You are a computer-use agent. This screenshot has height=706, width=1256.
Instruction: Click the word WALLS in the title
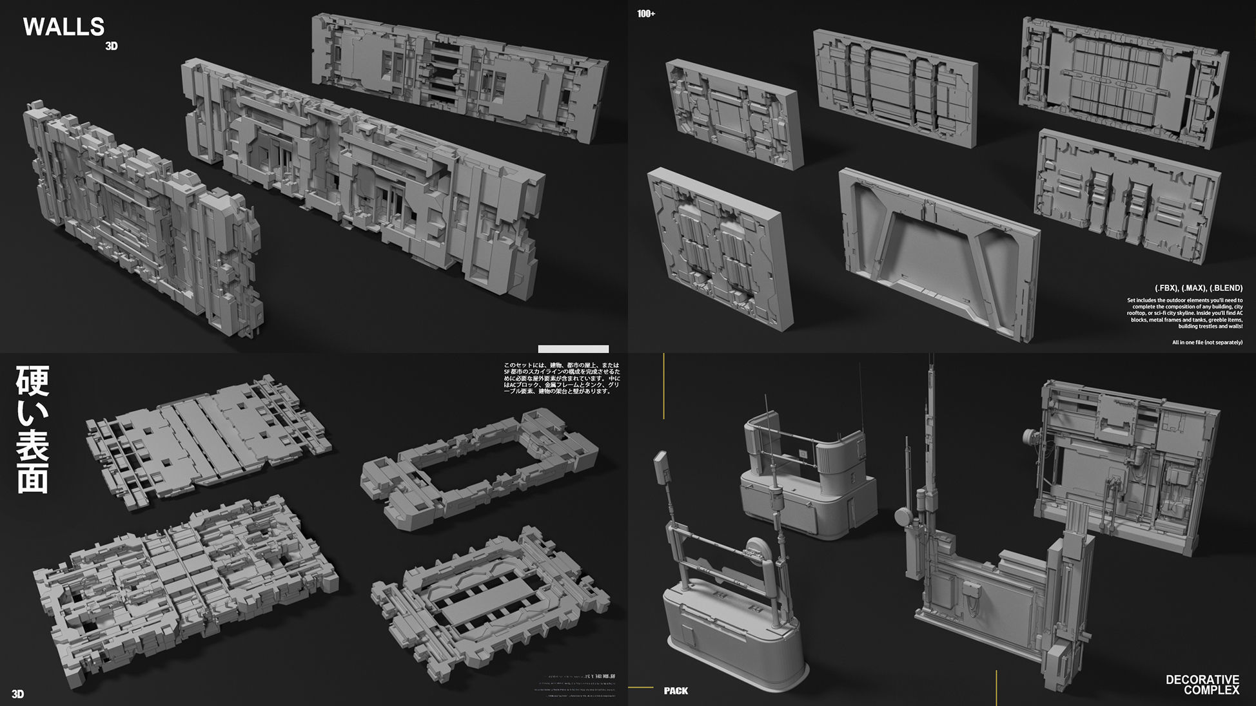pyautogui.click(x=63, y=27)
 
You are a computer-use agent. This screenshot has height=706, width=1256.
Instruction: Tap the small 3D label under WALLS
pyautogui.click(x=112, y=46)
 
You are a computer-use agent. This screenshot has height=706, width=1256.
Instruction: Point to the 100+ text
pyautogui.click(x=646, y=14)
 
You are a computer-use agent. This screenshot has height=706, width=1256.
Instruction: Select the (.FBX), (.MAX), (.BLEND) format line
pyautogui.click(x=1198, y=288)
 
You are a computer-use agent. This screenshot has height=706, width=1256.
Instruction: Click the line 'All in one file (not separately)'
pyautogui.click(x=1207, y=343)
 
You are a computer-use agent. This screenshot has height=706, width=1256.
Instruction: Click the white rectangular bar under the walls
pyautogui.click(x=573, y=349)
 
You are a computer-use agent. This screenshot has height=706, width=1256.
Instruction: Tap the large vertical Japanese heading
pyautogui.click(x=32, y=430)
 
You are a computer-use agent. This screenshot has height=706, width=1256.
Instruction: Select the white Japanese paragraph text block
pyautogui.click(x=561, y=378)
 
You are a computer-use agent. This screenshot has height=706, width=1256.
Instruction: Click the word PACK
pyautogui.click(x=676, y=691)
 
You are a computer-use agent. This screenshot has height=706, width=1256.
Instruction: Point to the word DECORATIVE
pyautogui.click(x=1202, y=680)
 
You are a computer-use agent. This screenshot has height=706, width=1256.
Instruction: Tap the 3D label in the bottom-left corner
pyautogui.click(x=17, y=694)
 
